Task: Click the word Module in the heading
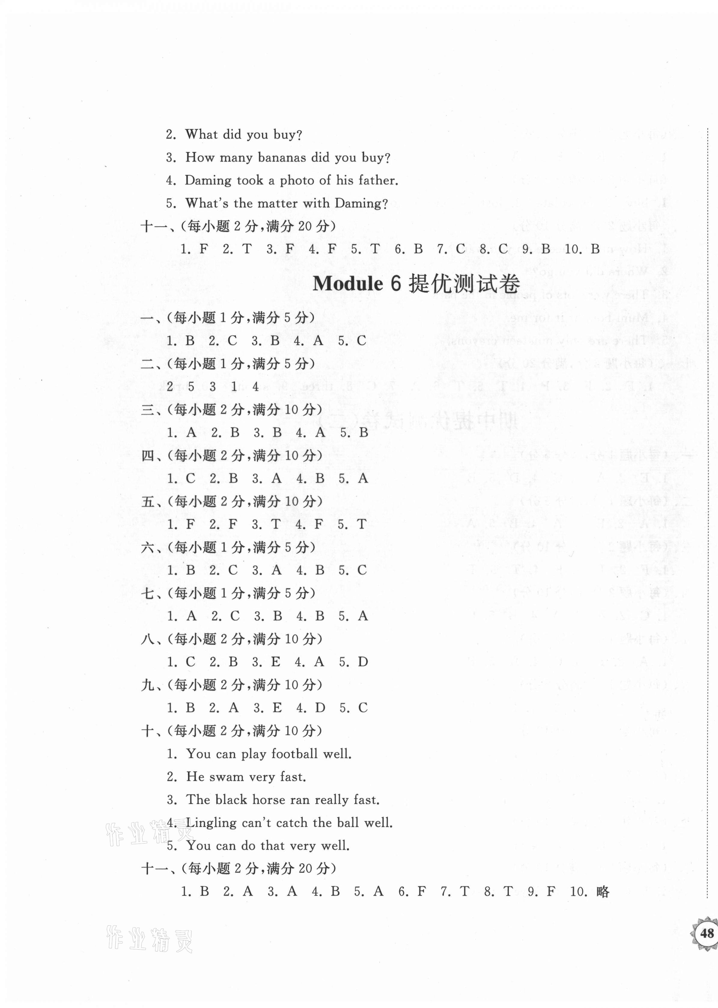(348, 283)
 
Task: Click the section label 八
(147, 639)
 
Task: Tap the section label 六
(147, 548)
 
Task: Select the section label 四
(147, 456)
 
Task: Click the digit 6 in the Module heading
(395, 283)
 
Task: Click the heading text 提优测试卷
(464, 283)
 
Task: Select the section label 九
(147, 685)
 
